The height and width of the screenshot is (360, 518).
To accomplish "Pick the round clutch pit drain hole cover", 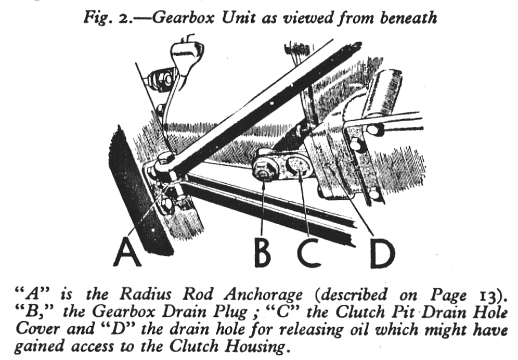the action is tap(299, 168).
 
